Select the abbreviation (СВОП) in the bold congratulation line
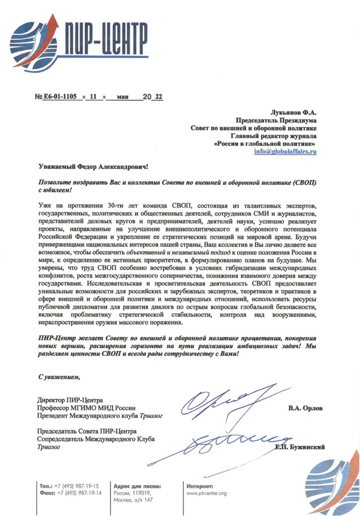[x=304, y=181]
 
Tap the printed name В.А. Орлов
[x=305, y=408]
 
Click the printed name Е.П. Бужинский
[x=299, y=447]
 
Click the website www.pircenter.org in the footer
[x=207, y=493]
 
